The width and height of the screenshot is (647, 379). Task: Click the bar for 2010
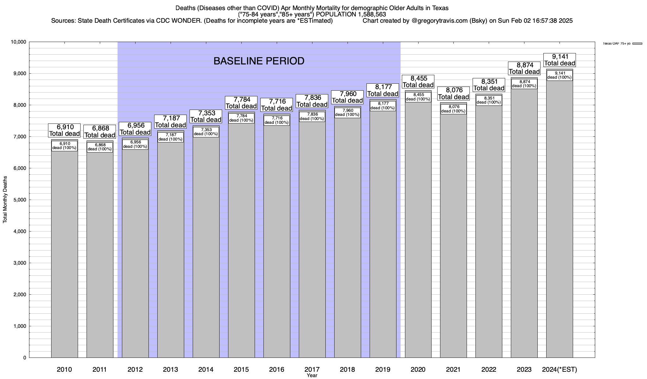tap(64, 253)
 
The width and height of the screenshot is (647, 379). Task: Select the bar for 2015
tap(241, 240)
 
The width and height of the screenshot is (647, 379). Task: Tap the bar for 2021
tap(453, 237)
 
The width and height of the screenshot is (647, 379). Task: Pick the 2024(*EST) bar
tap(559, 221)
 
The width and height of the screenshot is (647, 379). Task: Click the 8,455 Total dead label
tap(418, 81)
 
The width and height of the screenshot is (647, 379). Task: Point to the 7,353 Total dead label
tap(206, 116)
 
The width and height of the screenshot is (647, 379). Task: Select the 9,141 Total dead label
tap(559, 60)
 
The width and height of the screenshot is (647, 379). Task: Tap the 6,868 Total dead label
tap(100, 132)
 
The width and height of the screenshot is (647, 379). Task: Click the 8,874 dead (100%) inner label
tap(524, 84)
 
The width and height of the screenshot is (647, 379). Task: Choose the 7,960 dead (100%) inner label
tap(347, 112)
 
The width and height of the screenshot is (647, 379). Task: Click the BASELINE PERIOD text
tap(259, 61)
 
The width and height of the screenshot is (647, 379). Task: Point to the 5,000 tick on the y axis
tap(19, 200)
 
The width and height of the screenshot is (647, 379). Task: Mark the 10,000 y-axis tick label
tap(18, 42)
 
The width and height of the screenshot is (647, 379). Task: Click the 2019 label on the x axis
tap(383, 370)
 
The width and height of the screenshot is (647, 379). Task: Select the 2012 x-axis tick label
tap(135, 370)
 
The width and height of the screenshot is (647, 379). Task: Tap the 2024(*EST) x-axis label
tap(559, 370)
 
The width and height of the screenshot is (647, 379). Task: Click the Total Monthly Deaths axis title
tap(5, 200)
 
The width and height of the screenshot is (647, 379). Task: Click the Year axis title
tap(312, 376)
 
